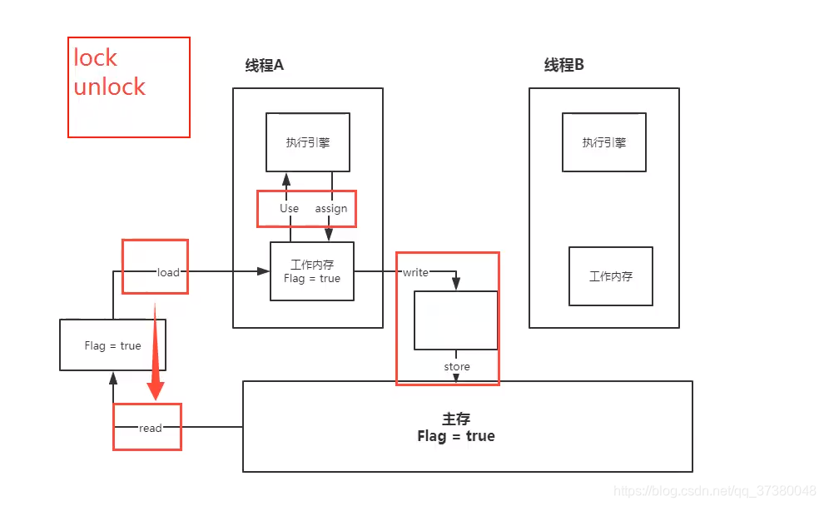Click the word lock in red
[95, 58]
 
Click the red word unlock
[109, 87]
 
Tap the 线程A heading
[265, 66]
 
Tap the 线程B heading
[564, 66]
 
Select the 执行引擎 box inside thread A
[307, 142]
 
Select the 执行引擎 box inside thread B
[604, 142]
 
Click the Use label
[289, 208]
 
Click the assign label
[331, 208]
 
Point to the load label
[168, 272]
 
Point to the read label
[151, 428]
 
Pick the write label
[415, 272]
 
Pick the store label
[457, 366]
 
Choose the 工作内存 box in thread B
[610, 276]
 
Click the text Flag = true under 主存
[456, 436]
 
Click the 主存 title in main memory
[457, 419]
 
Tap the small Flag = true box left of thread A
[112, 345]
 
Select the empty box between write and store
[455, 320]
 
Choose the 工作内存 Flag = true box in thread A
[312, 271]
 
